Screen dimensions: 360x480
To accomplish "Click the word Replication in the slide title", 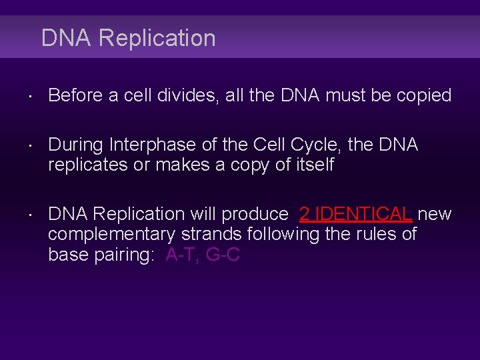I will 157,39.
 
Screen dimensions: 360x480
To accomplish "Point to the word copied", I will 424,95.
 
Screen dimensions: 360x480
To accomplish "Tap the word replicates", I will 88,164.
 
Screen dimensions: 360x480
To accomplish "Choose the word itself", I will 311,164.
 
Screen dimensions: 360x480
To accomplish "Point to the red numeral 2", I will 305,214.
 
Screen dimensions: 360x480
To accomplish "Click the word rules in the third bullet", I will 374,234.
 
